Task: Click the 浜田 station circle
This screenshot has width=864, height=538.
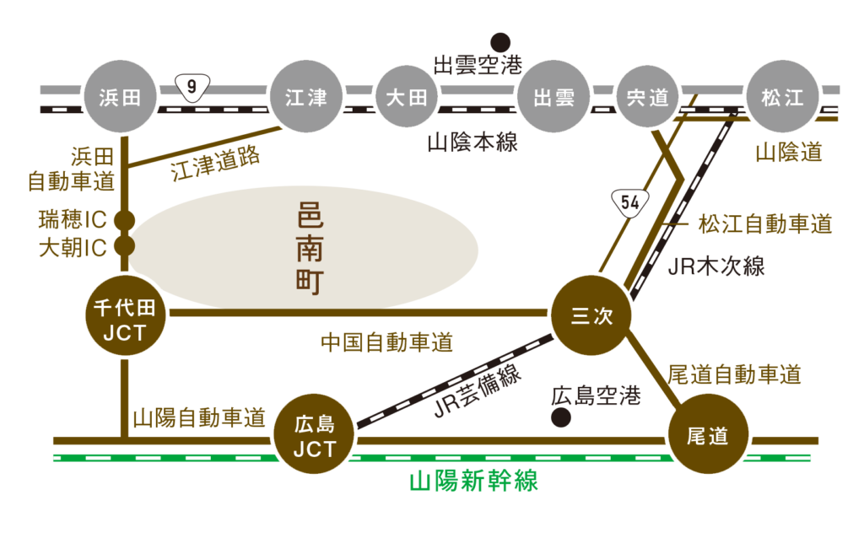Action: click(x=121, y=98)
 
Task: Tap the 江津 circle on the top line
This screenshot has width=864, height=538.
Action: click(x=305, y=98)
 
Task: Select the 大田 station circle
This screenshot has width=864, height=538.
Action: click(x=407, y=98)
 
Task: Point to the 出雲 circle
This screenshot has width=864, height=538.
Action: click(x=554, y=98)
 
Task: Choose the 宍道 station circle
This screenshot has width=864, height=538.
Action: click(x=647, y=98)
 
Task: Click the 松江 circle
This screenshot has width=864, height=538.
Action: click(x=782, y=98)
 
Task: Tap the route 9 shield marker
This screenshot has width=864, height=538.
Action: click(x=192, y=87)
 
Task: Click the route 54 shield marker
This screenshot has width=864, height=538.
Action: click(x=629, y=202)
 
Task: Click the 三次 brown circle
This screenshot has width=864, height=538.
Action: click(x=590, y=315)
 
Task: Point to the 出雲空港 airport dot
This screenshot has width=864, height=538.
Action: click(x=500, y=41)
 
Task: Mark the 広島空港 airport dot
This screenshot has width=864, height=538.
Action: click(x=558, y=417)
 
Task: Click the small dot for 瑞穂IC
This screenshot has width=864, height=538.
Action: click(x=125, y=221)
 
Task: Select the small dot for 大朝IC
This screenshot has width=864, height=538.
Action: click(x=125, y=246)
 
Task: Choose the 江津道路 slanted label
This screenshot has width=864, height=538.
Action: click(x=215, y=163)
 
